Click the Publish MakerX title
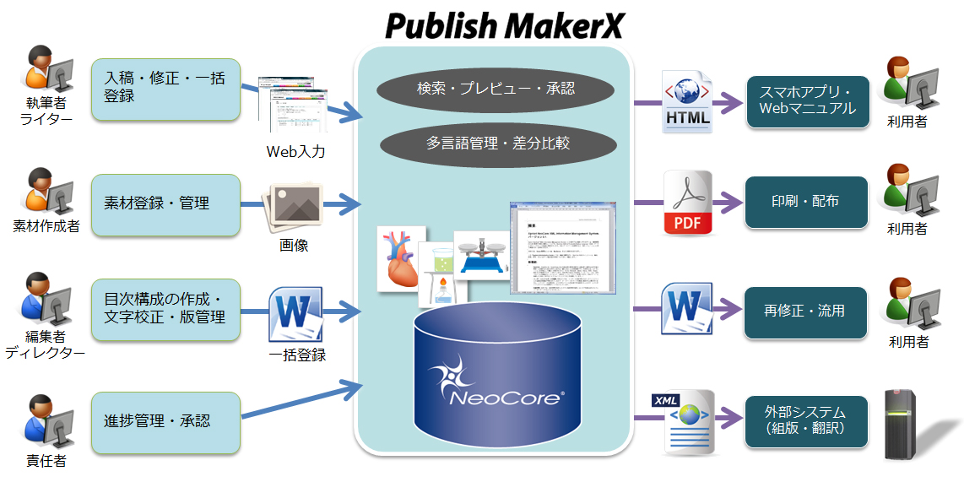[x=504, y=25]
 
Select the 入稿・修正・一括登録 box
[x=165, y=87]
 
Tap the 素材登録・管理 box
[x=165, y=204]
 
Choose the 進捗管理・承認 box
[x=165, y=420]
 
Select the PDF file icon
[x=687, y=203]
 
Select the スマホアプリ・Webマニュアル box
[x=807, y=101]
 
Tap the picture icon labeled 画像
[x=292, y=206]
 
